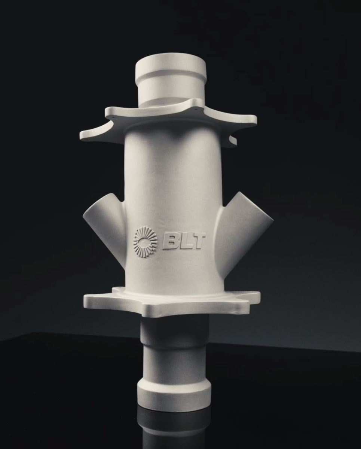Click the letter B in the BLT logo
point(171,242)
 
